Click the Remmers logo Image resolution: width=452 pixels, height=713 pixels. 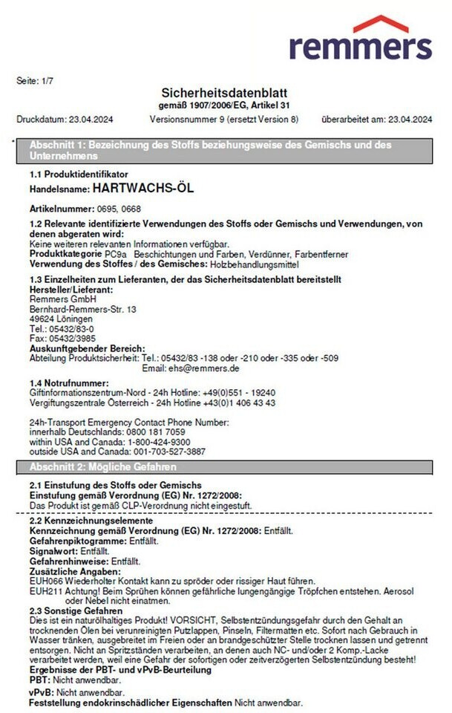[360, 39]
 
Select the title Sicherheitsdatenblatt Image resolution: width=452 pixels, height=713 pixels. [224, 92]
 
